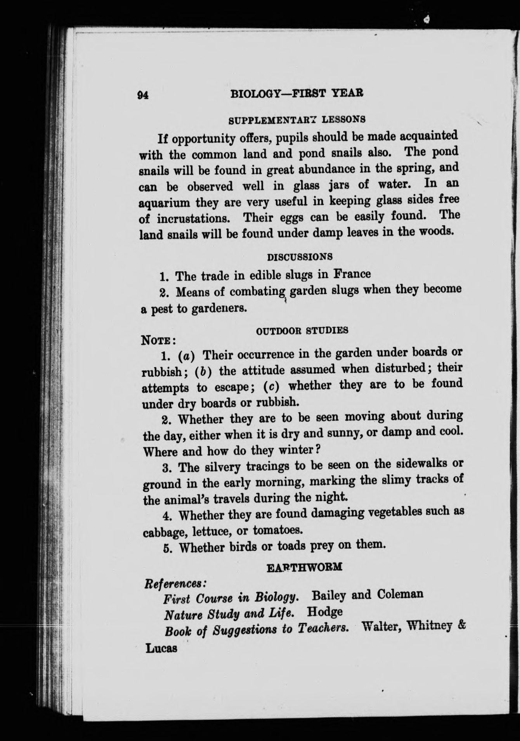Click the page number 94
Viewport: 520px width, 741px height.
point(143,95)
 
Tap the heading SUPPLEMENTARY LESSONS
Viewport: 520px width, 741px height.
point(296,119)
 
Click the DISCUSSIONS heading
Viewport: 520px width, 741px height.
point(300,257)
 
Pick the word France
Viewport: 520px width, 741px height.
point(352,274)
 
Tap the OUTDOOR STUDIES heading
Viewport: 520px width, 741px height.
point(302,331)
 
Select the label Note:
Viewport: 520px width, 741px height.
point(158,341)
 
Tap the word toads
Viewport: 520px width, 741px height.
point(291,546)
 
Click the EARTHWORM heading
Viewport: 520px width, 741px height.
point(305,567)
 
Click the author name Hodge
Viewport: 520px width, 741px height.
point(325,612)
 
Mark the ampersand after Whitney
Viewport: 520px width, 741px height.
point(461,626)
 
